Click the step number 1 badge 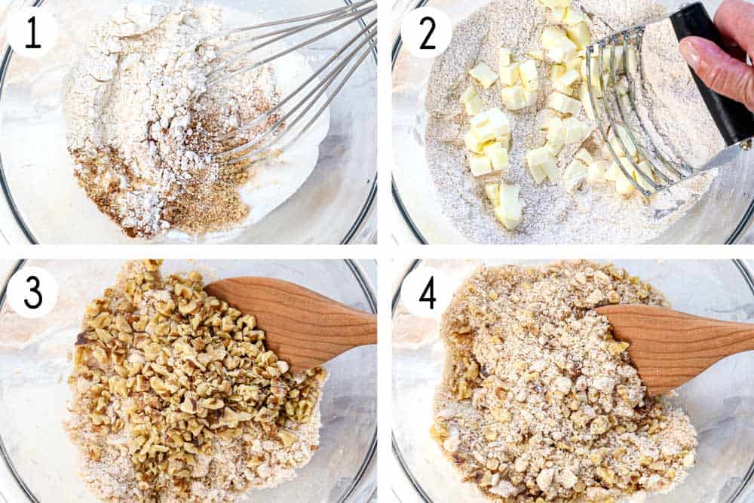point(32,32)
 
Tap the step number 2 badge point(426,32)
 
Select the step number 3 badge point(32,292)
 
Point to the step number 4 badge point(427,292)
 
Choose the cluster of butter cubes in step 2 point(528,113)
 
